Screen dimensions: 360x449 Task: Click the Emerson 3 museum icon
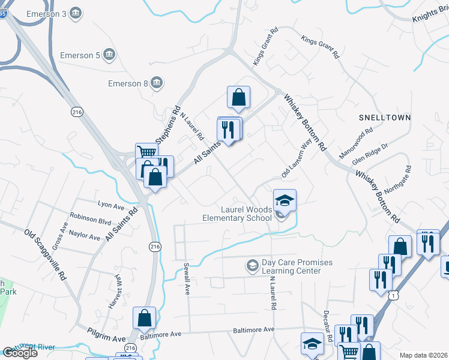tap(76, 13)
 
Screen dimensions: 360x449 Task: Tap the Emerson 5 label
tap(80, 56)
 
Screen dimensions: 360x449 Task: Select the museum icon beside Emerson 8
tap(156, 82)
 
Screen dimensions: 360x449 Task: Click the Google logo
tap(20, 353)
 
